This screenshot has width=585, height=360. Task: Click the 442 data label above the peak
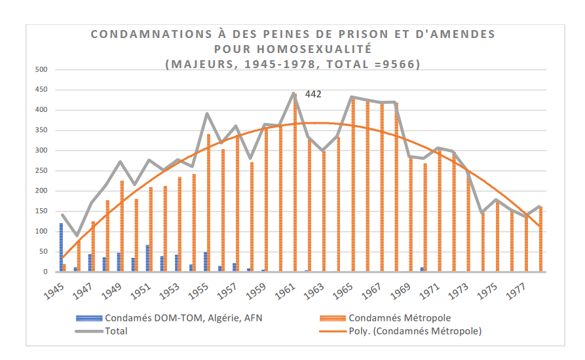coord(313,94)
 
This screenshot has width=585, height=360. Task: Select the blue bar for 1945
coord(61,247)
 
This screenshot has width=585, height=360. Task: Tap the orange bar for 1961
coord(295,183)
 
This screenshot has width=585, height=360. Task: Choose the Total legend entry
coord(115,331)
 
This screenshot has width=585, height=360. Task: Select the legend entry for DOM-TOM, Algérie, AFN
coord(164,318)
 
